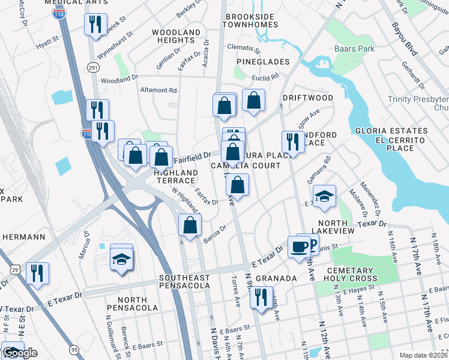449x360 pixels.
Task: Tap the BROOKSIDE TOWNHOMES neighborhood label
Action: pyautogui.click(x=250, y=20)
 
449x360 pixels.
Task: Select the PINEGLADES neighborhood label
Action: pyautogui.click(x=263, y=62)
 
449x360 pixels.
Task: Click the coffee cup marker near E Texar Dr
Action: pyautogui.click(x=298, y=246)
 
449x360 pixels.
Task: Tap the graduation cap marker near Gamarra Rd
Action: pyautogui.click(x=324, y=197)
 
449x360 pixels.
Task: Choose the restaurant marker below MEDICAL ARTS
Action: pyautogui.click(x=95, y=25)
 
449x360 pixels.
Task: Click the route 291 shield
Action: pyautogui.click(x=92, y=67)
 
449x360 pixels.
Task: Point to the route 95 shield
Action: pyautogui.click(x=74, y=349)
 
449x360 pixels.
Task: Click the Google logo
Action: pyautogui.click(x=19, y=353)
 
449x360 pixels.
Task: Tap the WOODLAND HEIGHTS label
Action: pyautogui.click(x=176, y=36)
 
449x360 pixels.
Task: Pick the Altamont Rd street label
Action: pyautogui.click(x=158, y=91)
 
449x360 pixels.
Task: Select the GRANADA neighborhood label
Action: pyautogui.click(x=277, y=279)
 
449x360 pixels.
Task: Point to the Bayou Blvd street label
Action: pyautogui.click(x=404, y=40)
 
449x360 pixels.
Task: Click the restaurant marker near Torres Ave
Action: pyautogui.click(x=261, y=298)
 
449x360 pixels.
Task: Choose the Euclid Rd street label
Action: pyautogui.click(x=266, y=77)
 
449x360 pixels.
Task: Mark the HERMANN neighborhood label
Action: pyautogui.click(x=24, y=237)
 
